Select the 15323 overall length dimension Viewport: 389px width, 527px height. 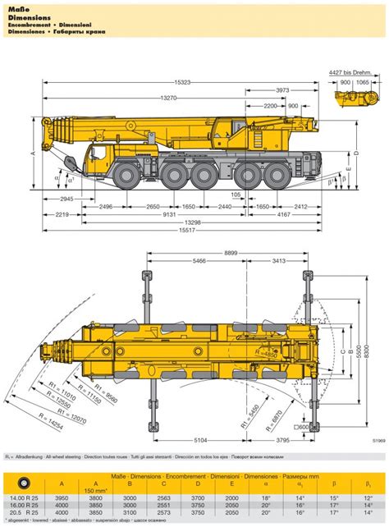[x=182, y=83]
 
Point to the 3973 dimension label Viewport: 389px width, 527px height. [x=281, y=89]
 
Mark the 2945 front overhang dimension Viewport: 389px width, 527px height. [x=66, y=199]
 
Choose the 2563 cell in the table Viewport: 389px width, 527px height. [x=185, y=497]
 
